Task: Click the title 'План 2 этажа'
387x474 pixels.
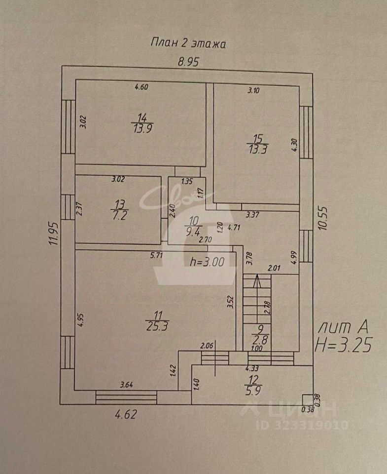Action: tap(187, 43)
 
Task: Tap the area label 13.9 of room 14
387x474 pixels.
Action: tap(142, 129)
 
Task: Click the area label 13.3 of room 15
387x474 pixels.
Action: tap(257, 150)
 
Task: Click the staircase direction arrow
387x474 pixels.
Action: tap(256, 282)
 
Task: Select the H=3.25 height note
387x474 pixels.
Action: tap(344, 343)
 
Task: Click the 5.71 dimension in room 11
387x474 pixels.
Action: tap(156, 255)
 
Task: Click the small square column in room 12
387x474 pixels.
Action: tap(307, 398)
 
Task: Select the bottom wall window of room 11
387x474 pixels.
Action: tap(126, 396)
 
